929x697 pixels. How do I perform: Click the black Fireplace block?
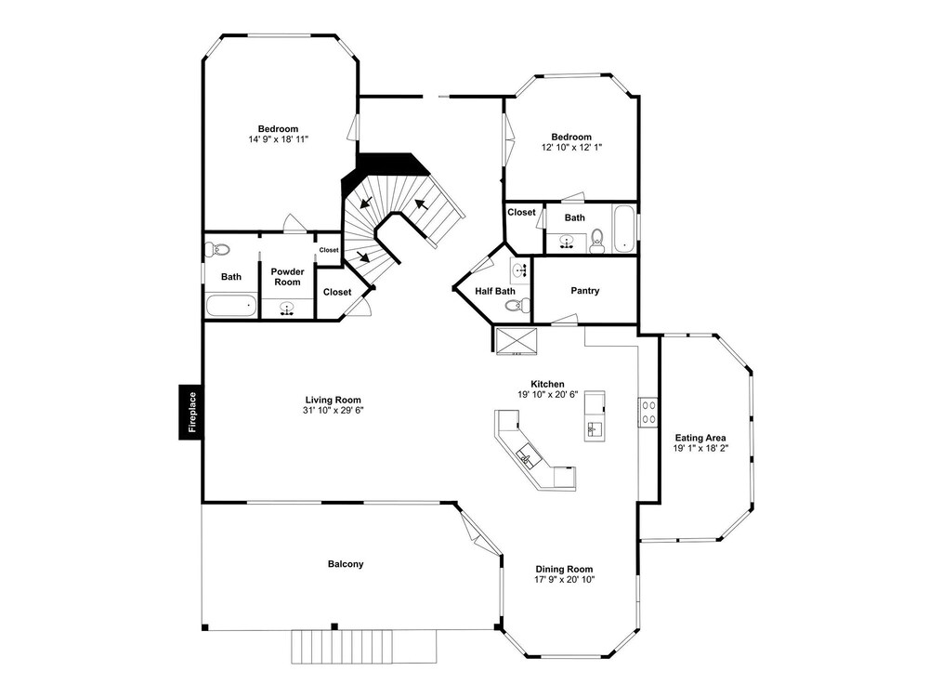coord(190,412)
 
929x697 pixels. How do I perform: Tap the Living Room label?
coord(333,400)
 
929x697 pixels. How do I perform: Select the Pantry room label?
coord(584,290)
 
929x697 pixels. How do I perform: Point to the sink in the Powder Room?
coord(287,309)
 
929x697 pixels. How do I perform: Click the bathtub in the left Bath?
coord(231,305)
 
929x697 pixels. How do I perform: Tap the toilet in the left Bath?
coord(216,249)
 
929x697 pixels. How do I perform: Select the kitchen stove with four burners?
coord(648,412)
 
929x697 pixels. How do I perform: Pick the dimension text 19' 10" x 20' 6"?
coord(547,394)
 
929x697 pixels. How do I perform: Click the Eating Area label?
coord(700,438)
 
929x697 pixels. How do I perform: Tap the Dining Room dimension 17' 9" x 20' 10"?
coord(564,579)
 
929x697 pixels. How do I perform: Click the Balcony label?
coord(346,564)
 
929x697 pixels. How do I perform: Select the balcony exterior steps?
coord(364,647)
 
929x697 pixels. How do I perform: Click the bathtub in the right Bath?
coord(624,229)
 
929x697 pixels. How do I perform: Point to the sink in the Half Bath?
coord(520,270)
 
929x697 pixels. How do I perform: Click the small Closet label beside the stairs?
coord(329,250)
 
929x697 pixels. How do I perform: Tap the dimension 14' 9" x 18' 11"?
coord(279,139)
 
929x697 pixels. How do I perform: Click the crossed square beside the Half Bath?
coord(516,341)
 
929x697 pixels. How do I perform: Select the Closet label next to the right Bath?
coord(521,212)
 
